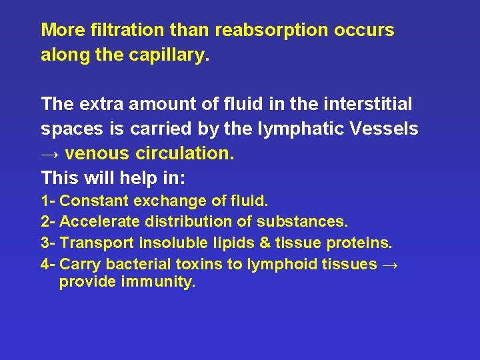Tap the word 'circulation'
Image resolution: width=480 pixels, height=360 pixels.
pos(185,154)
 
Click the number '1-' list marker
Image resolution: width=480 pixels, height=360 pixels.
pos(48,201)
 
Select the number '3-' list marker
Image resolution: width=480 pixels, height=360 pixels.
pos(48,243)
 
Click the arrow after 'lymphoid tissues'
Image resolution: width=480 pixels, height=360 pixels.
pos(391,265)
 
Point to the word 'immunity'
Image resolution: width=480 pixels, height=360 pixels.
pos(158,282)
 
